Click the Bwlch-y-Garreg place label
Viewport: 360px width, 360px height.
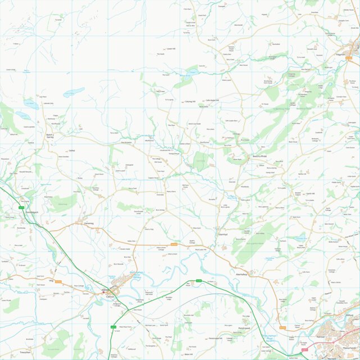[49, 135]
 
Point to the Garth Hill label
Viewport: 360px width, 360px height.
[311, 194]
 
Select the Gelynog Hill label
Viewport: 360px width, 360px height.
[190, 102]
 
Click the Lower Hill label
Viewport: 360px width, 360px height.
[171, 49]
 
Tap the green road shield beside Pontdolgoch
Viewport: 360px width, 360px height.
[21, 208]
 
